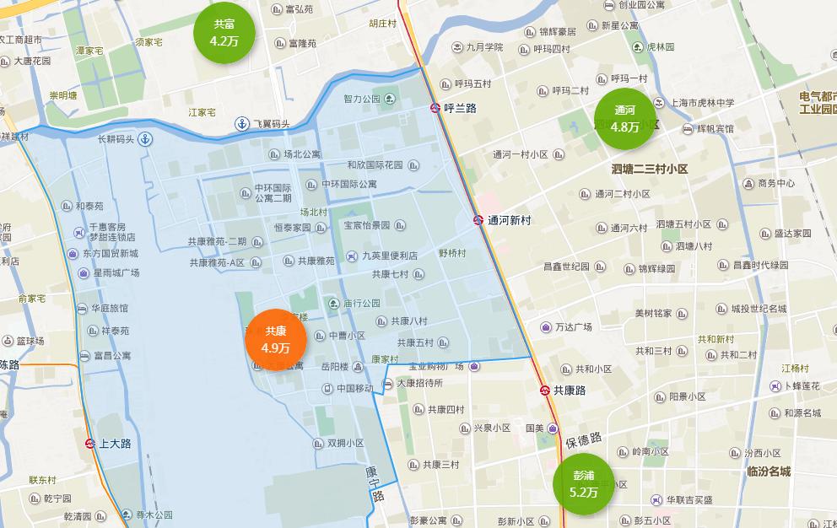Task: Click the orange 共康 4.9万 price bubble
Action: [275, 339]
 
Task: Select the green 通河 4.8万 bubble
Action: [624, 118]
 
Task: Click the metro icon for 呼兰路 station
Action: [435, 108]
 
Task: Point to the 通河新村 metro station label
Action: [509, 220]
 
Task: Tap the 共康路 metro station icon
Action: [544, 391]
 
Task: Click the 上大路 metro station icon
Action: [90, 443]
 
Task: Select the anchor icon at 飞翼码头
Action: [242, 124]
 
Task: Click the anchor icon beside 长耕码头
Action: [145, 139]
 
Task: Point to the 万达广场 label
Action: [573, 326]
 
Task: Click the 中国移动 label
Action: [354, 389]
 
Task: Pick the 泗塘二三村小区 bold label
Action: [650, 169]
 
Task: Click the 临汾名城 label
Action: [769, 471]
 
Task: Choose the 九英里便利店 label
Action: [389, 256]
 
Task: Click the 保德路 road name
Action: [583, 440]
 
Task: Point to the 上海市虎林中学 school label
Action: [702, 103]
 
